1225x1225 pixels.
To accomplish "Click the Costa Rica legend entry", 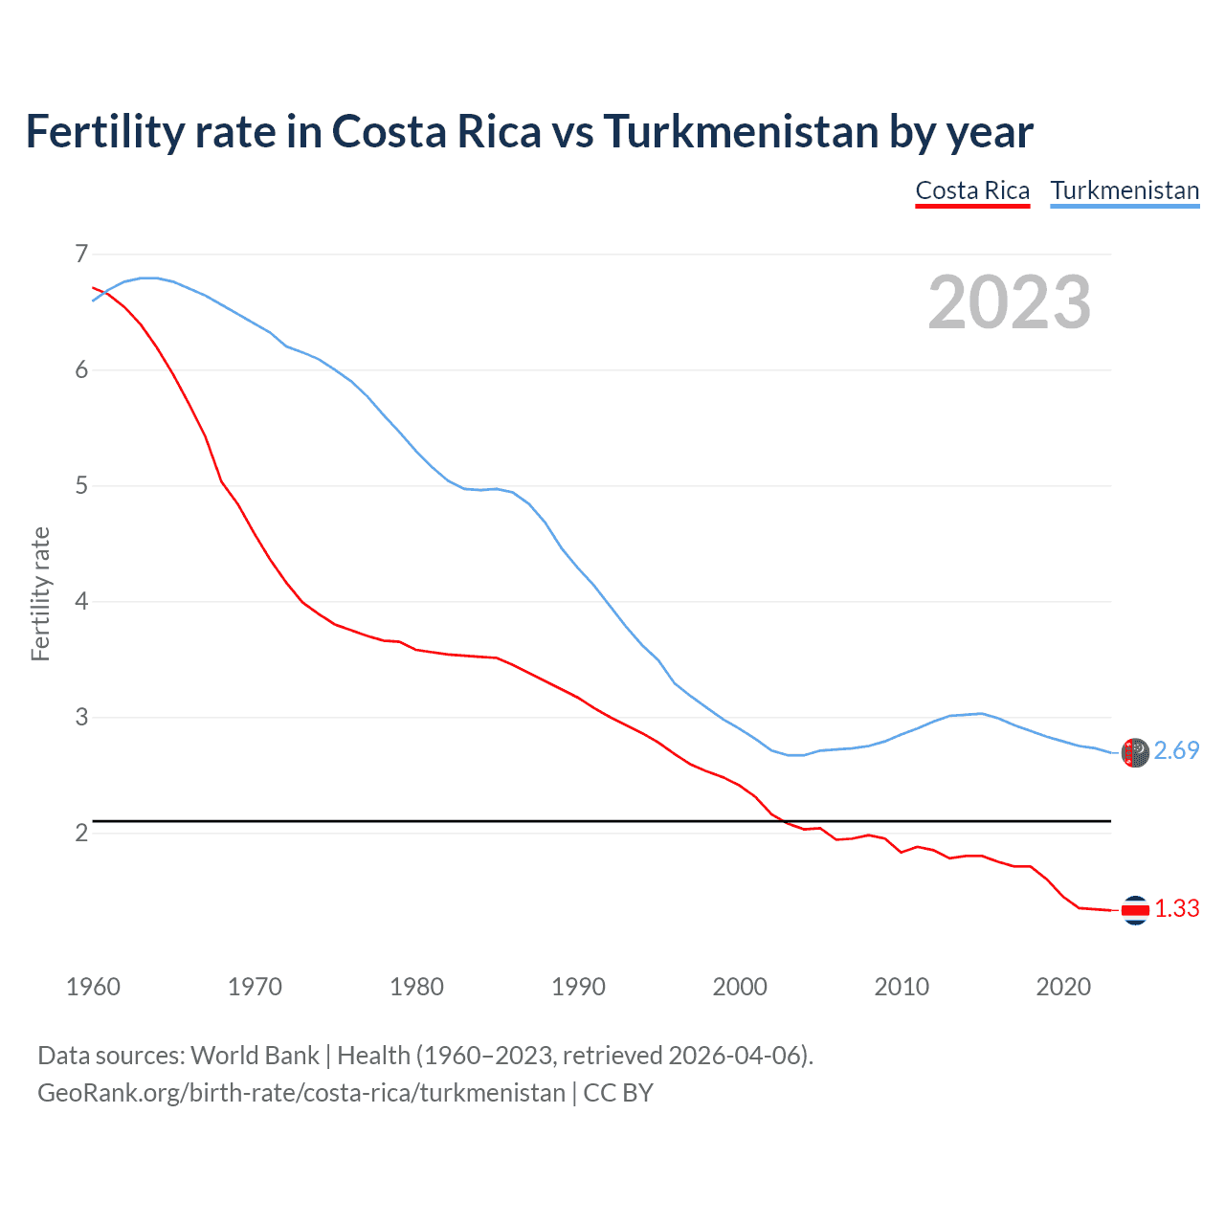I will coord(972,190).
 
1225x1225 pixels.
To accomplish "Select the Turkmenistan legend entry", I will coord(1125,190).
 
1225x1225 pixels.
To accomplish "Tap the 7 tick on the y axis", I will coord(81,254).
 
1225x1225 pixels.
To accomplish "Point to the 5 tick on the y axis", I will coord(81,485).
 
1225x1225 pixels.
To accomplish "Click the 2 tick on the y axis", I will coord(81,833).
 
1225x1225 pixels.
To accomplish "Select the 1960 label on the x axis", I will coord(93,987).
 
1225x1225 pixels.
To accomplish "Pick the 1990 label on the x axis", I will coord(578,987).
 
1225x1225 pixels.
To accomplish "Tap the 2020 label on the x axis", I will coord(1063,987).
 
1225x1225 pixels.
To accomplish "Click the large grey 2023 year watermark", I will coord(1010,302).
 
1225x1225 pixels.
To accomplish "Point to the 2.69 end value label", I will coord(1176,751).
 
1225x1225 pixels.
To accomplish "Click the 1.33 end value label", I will coord(1176,909).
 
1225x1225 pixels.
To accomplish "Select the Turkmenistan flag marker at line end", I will coord(1135,752).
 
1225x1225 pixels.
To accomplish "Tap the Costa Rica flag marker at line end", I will coord(1135,910).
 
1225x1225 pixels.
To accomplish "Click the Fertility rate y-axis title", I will coord(40,593).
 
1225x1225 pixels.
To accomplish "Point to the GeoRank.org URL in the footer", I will coord(301,1093).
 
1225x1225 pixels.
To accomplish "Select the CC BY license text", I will coord(618,1093).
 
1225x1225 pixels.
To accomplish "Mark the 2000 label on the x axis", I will coord(740,987).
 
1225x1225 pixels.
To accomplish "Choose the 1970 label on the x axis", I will coord(255,987).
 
